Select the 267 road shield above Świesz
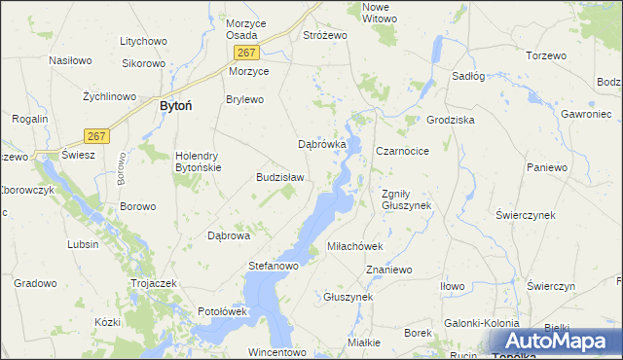pos(94,135)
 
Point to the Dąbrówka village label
pos(322,144)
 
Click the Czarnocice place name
pos(402,151)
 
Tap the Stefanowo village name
pos(274,265)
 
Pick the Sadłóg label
pos(468,75)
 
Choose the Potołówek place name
pos(225,311)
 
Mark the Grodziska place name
pos(450,120)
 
